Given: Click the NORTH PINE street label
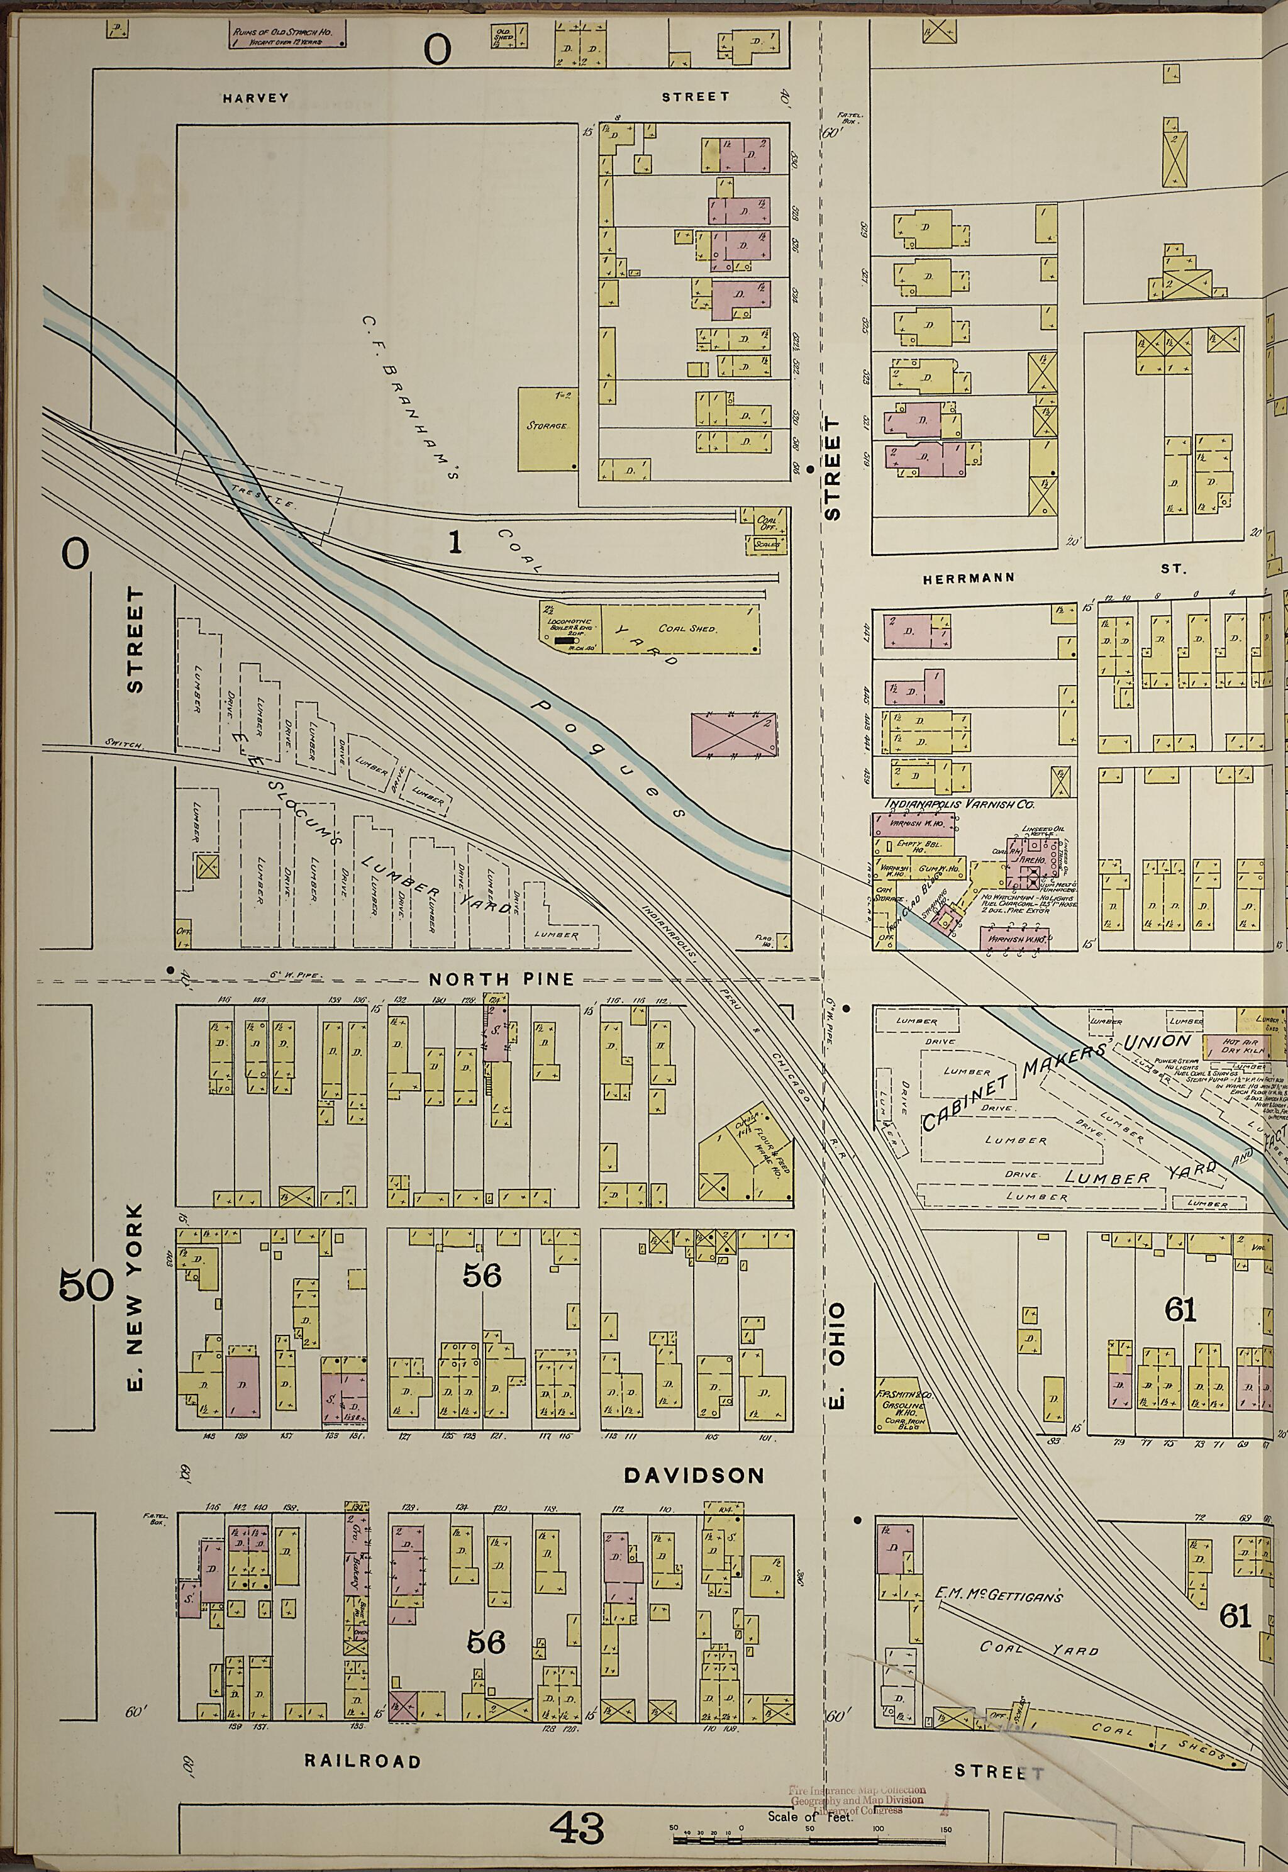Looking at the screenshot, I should point(501,979).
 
